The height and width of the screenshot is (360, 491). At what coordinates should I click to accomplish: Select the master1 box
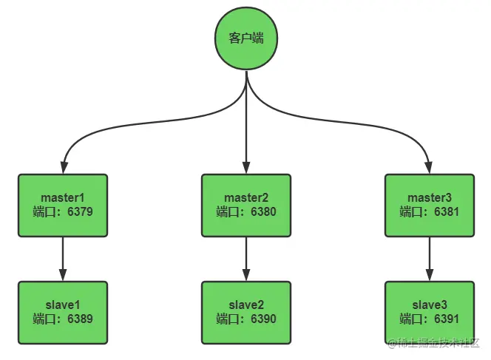point(63,206)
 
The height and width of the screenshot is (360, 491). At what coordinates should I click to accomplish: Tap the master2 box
point(246,206)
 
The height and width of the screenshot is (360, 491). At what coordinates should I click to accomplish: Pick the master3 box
point(430,206)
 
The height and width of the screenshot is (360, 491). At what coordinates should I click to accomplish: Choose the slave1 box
point(63,313)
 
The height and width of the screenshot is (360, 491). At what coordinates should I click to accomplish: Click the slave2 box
point(246,313)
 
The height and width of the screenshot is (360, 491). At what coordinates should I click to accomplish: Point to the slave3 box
point(430,313)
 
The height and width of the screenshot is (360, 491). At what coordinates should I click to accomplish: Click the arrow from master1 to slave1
point(63,259)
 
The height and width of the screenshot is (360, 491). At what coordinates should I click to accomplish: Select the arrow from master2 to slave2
point(246,259)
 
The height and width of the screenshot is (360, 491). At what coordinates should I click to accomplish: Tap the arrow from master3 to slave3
point(430,259)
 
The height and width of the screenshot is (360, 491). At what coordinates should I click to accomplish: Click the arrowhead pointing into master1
point(64,168)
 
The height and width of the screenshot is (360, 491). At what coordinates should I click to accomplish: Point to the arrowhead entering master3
point(430,168)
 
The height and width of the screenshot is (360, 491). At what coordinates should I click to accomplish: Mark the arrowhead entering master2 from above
point(246,168)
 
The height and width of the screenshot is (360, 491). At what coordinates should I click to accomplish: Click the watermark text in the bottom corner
point(434,343)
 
